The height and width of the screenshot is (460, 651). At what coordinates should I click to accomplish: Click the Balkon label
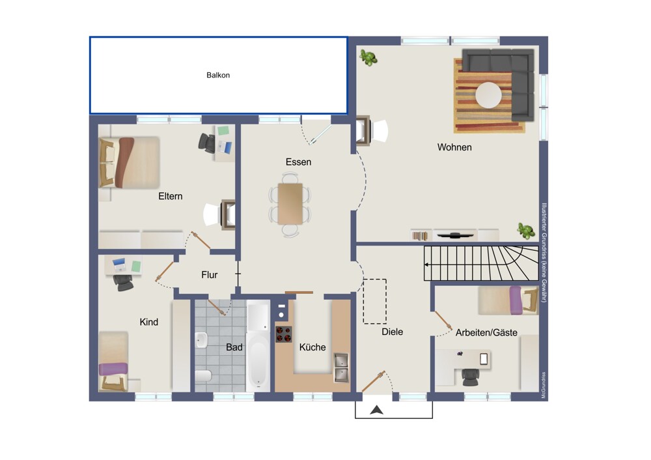click(x=218, y=75)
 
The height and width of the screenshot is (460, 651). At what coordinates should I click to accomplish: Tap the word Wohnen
click(x=454, y=147)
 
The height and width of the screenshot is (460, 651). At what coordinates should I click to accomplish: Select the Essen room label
click(x=298, y=162)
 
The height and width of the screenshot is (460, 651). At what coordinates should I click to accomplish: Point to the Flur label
click(x=209, y=275)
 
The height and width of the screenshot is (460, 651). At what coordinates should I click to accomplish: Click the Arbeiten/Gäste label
click(x=486, y=332)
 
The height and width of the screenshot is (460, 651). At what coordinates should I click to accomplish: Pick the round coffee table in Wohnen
click(x=488, y=95)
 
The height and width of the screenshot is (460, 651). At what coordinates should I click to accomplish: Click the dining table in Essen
click(x=290, y=204)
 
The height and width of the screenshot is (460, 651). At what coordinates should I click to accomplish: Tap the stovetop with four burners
click(x=284, y=334)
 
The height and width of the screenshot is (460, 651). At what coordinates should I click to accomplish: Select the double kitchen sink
click(x=341, y=367)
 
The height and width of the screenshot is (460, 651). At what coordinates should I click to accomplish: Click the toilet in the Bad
click(x=203, y=376)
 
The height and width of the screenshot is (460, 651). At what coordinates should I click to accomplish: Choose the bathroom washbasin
click(x=201, y=340)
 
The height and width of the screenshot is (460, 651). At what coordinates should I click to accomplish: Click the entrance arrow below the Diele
click(x=376, y=410)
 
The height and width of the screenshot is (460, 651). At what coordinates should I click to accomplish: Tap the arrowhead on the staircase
click(x=426, y=265)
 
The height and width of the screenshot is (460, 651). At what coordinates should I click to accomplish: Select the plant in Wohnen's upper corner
click(x=368, y=57)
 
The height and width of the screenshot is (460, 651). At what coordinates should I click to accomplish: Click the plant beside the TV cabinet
click(x=525, y=231)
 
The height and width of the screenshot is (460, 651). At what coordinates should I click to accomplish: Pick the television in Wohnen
click(x=456, y=235)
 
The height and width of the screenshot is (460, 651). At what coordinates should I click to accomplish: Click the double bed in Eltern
click(x=129, y=163)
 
